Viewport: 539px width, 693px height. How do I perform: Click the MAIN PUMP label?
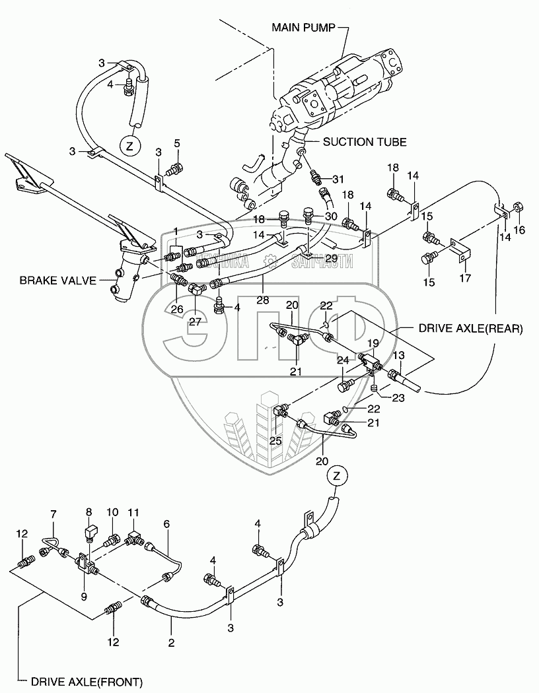(303, 27)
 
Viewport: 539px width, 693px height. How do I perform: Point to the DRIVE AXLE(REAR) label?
(470, 328)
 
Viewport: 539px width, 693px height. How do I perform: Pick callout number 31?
(338, 180)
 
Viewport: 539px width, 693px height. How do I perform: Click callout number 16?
(520, 229)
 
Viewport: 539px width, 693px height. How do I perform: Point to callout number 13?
(398, 355)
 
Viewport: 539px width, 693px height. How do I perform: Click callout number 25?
(275, 440)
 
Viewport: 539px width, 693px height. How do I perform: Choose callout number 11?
(133, 511)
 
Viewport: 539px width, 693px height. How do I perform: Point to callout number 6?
(166, 523)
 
